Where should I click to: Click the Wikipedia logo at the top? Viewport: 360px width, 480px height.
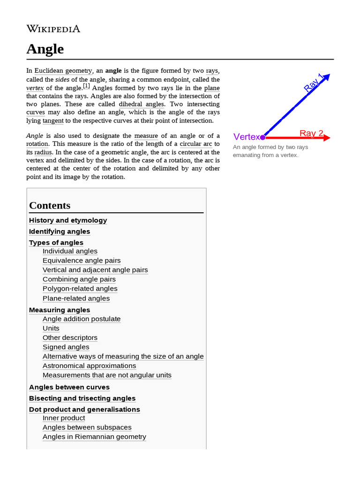tap(53, 29)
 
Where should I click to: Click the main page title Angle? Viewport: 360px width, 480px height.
tap(45, 49)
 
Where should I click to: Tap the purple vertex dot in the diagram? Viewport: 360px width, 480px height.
tap(262, 137)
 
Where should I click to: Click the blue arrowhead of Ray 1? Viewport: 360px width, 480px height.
tap(326, 77)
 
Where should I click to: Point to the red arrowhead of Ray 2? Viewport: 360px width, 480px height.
tap(327, 137)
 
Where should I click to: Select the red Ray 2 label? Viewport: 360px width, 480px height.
tap(311, 133)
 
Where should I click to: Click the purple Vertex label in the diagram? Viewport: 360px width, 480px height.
tap(246, 137)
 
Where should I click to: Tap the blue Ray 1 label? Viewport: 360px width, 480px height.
tap(314, 82)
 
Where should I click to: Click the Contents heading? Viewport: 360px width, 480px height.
tap(50, 205)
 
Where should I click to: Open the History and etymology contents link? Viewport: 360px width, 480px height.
tap(68, 220)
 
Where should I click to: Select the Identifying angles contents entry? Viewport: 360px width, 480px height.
tap(60, 232)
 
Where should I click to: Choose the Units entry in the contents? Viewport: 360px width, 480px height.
tap(51, 328)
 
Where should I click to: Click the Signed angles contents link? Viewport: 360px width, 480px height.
tap(66, 347)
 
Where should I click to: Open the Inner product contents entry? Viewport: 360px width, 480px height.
tap(64, 418)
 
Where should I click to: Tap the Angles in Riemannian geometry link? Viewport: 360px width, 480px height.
tap(94, 436)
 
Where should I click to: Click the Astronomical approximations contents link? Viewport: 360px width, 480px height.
tap(89, 366)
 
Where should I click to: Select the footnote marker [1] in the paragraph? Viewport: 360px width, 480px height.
tap(86, 86)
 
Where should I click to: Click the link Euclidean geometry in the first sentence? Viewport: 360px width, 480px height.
tap(63, 71)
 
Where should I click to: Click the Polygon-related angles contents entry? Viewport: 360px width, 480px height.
tap(80, 289)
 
